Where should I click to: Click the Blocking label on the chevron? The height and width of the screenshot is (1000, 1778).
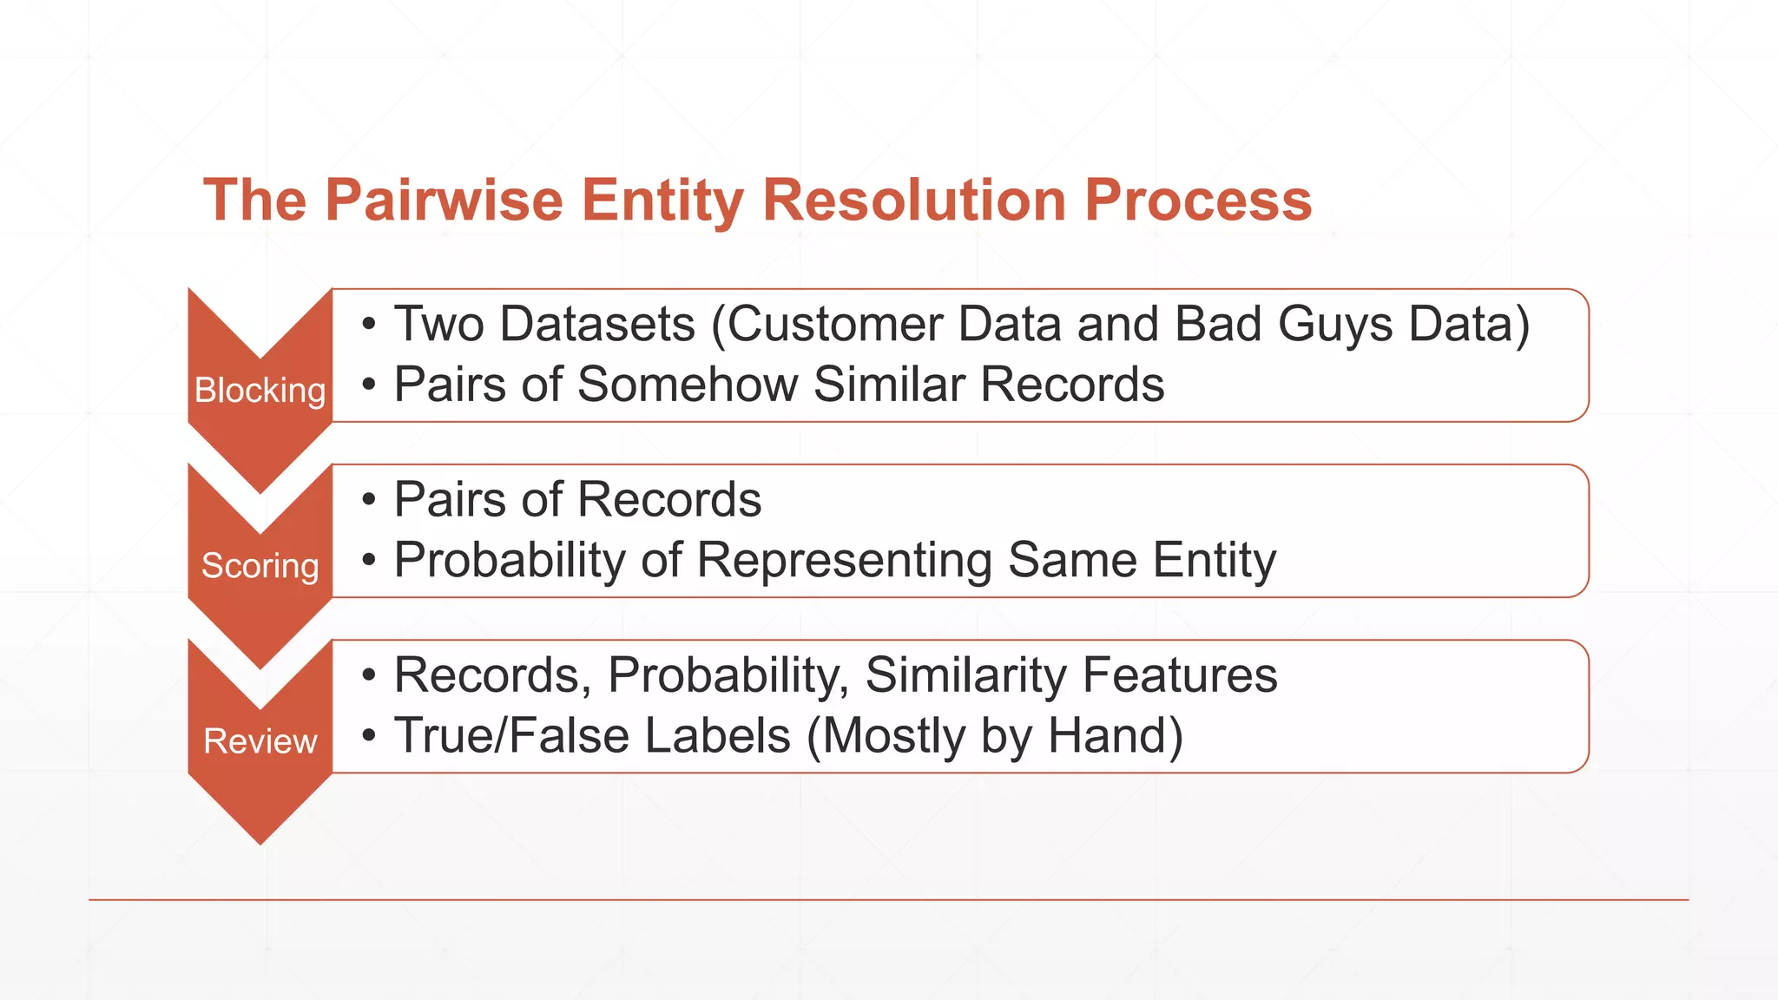tap(260, 391)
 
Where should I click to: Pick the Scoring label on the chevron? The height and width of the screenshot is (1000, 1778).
tap(260, 566)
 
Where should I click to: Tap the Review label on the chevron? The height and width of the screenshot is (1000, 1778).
tap(260, 741)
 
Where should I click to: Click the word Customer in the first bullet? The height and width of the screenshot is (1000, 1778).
tap(834, 325)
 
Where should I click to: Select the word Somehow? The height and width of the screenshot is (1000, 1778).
tap(688, 385)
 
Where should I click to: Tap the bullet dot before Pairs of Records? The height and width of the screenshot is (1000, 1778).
tap(369, 500)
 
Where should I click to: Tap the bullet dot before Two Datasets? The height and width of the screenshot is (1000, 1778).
tap(369, 325)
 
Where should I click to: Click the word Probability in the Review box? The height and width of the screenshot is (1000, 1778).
tap(728, 675)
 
